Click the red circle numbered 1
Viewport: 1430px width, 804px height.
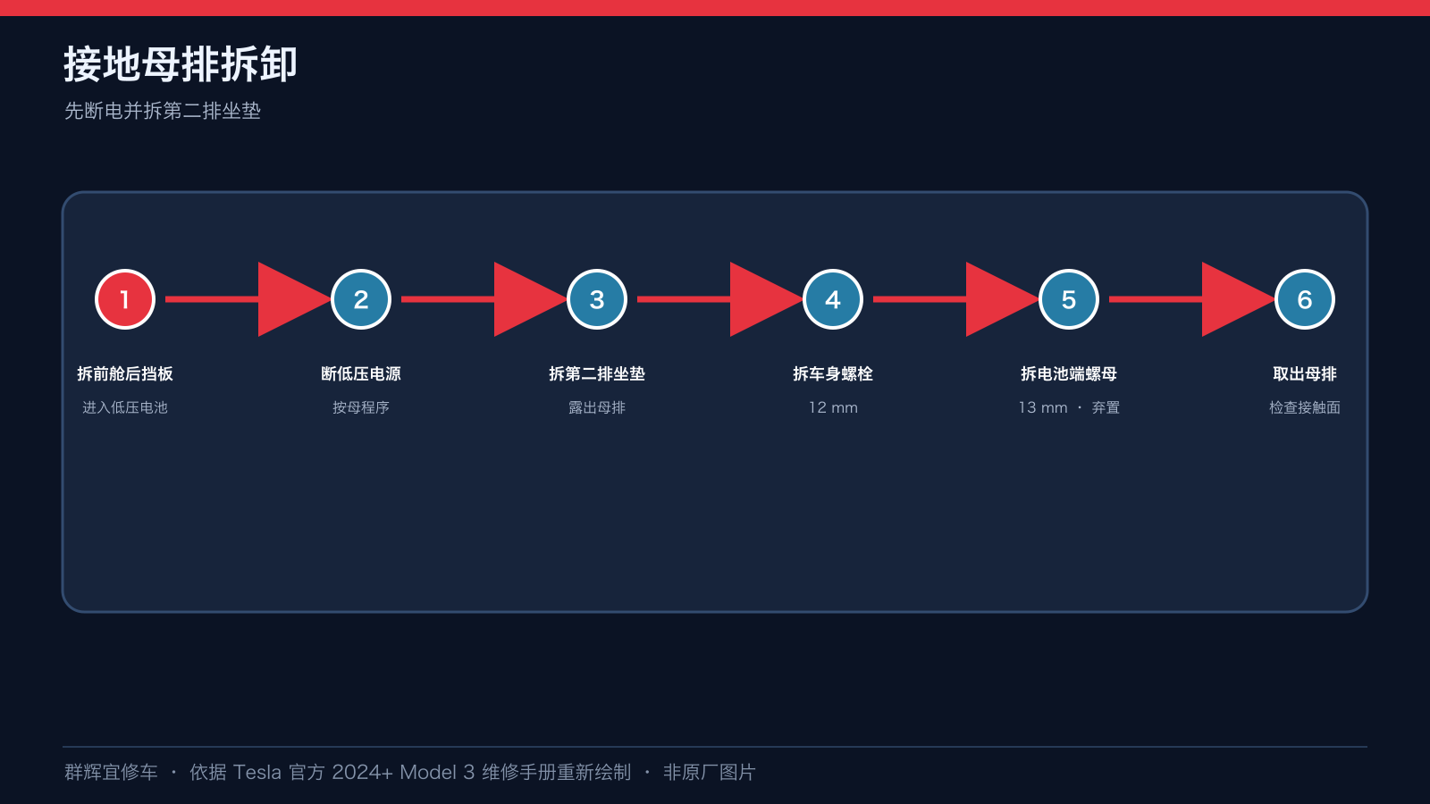point(125,299)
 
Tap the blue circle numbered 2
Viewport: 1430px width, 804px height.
point(361,299)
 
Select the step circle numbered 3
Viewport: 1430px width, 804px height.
point(597,299)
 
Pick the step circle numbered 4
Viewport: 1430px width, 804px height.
point(832,299)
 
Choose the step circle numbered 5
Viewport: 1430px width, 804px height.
point(1069,299)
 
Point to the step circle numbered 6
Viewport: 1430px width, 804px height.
point(1304,299)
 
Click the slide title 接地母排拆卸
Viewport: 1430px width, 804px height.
point(180,63)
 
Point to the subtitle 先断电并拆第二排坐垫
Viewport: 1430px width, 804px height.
point(162,111)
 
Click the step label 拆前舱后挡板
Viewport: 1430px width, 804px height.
point(125,374)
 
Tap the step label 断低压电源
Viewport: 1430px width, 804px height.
point(361,374)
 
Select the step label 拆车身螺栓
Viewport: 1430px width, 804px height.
point(832,374)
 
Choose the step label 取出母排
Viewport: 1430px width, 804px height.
point(1304,374)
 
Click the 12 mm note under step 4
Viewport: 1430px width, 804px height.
point(833,407)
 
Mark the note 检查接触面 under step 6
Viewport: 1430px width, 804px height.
point(1304,407)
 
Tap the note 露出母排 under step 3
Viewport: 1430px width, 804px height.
point(597,407)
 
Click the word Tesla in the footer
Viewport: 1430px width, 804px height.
point(257,773)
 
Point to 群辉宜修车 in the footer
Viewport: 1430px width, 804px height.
point(111,773)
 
